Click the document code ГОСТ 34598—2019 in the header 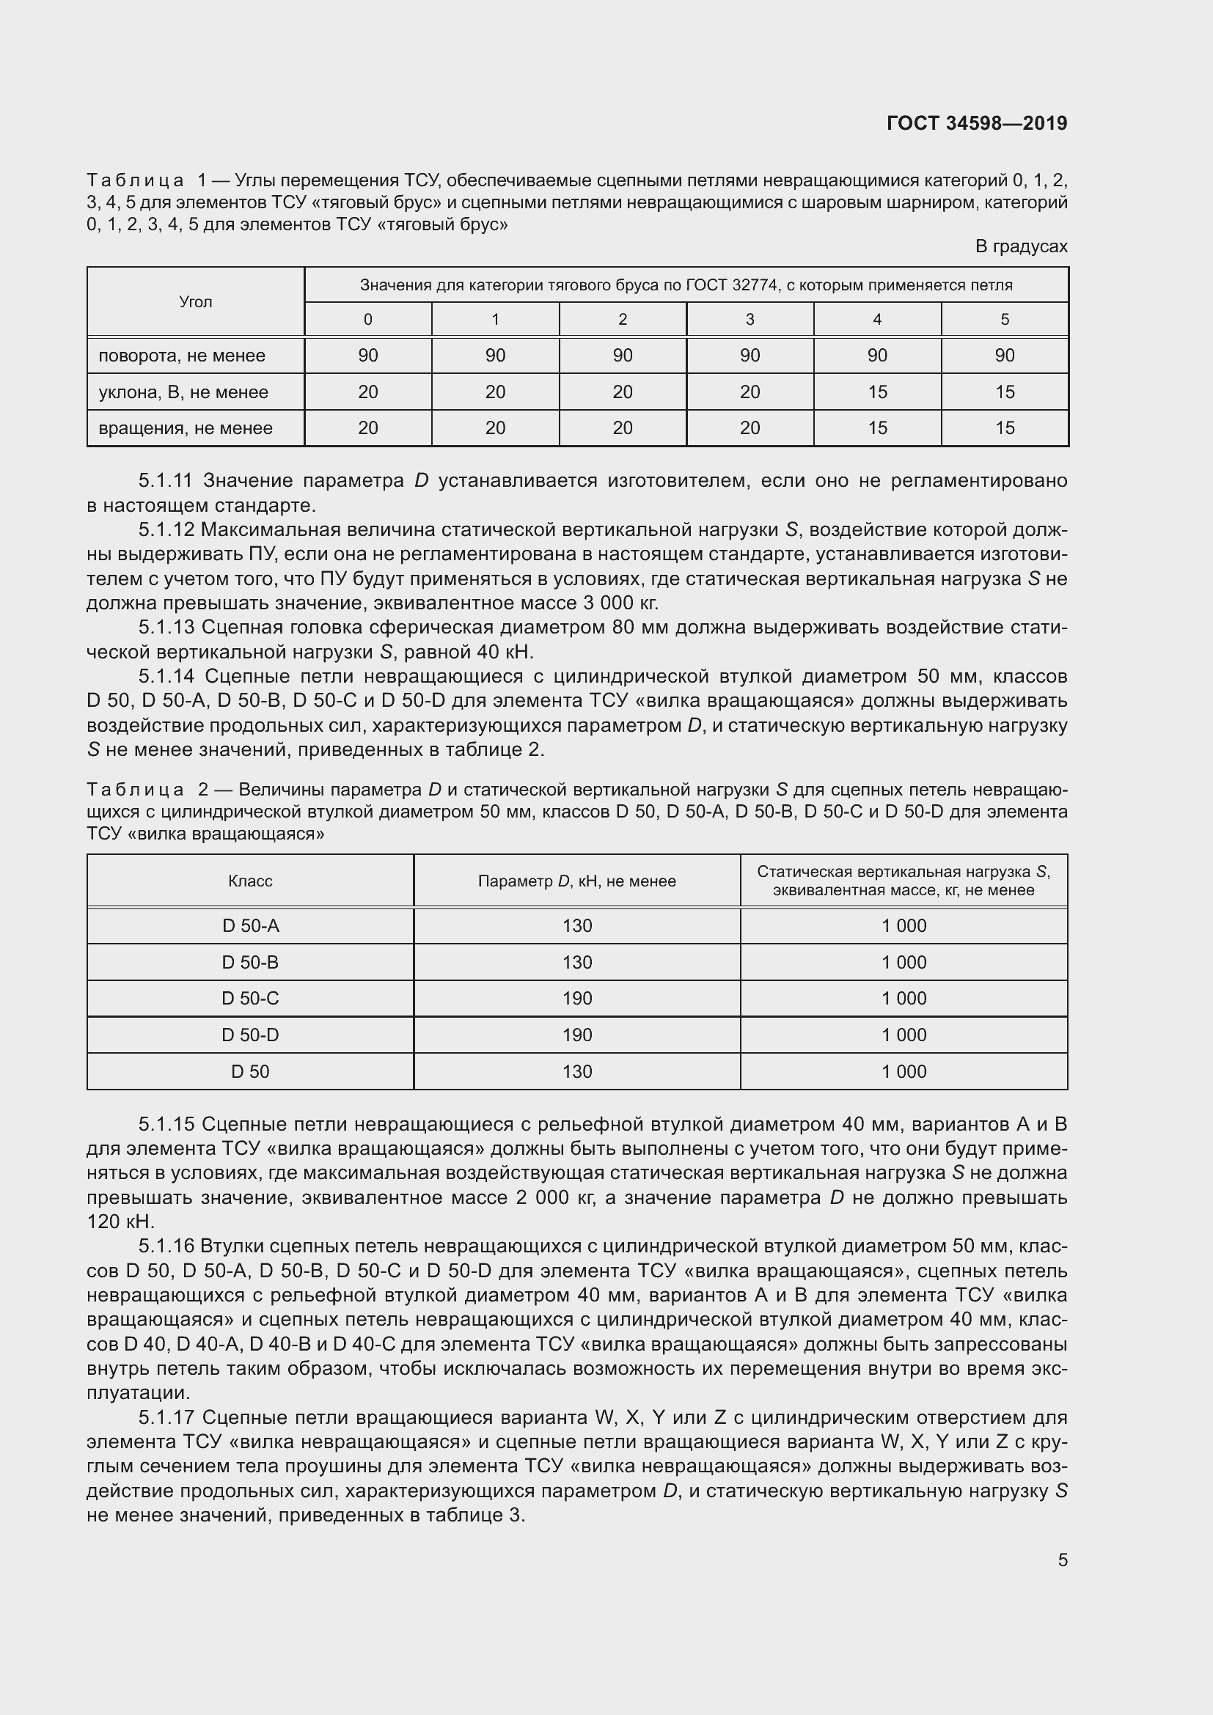coord(976,123)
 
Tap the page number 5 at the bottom coord(1062,1560)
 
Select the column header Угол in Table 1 coord(196,302)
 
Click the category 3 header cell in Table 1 coord(750,320)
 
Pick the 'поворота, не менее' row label coord(181,356)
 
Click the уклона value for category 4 coord(877,392)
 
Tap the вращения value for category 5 coord(1004,428)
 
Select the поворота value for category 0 coord(367,356)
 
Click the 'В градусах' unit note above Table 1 coord(1020,246)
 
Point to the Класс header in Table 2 coord(250,881)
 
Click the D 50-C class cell coord(250,999)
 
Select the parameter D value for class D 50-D coord(576,1035)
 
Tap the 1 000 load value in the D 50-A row coord(903,926)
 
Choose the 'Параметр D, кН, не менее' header coord(576,881)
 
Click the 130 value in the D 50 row coord(576,1072)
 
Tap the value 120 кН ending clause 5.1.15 coord(120,1222)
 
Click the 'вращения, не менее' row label coord(186,428)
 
